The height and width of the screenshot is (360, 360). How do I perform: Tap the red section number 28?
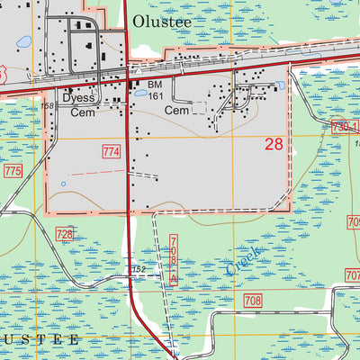click(x=275, y=143)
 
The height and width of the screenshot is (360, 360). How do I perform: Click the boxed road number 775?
click(x=12, y=170)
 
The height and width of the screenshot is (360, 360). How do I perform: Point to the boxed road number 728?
click(x=65, y=234)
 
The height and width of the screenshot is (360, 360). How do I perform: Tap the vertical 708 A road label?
click(x=171, y=260)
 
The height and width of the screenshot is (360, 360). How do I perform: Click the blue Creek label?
click(x=242, y=260)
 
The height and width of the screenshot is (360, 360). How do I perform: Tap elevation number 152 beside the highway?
click(x=139, y=268)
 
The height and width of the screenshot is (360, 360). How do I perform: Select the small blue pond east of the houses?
click(x=281, y=85)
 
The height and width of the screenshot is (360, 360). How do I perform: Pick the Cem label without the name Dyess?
click(x=175, y=110)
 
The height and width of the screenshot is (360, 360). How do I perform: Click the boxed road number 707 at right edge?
click(x=352, y=274)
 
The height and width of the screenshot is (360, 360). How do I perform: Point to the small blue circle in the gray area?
click(x=63, y=184)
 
